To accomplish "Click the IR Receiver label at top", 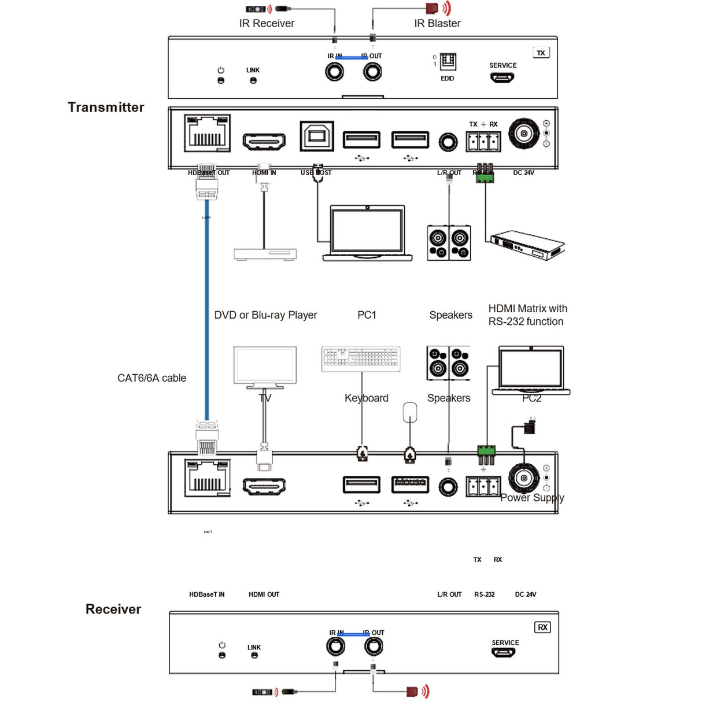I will (x=267, y=24).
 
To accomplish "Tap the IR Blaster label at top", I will (x=437, y=24).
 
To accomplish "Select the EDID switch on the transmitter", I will (x=448, y=62).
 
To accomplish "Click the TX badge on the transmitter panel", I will (x=541, y=53).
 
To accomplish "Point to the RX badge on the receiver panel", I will (x=542, y=627).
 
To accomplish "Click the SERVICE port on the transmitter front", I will (x=503, y=77).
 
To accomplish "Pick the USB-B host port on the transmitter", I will (x=317, y=136).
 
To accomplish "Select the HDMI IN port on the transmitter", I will (x=264, y=141).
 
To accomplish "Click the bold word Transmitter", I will (x=106, y=107).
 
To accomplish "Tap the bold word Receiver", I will (x=113, y=609).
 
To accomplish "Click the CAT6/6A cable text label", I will (x=152, y=378).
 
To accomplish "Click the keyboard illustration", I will (x=361, y=359).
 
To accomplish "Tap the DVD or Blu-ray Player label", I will (x=265, y=315).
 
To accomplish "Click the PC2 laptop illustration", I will (x=531, y=370).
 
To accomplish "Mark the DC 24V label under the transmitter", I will (x=523, y=173).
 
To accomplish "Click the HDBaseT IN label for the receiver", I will (x=206, y=594).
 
